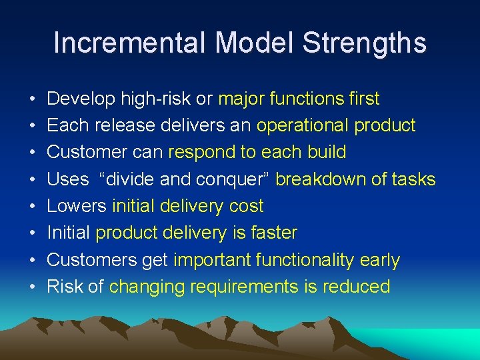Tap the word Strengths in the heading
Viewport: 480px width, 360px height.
(364, 43)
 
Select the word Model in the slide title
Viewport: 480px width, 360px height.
(255, 43)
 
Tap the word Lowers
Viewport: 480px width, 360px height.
(77, 206)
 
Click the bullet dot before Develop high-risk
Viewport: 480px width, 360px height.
(33, 99)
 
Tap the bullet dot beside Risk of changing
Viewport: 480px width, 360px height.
(33, 287)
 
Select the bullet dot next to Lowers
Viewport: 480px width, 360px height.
(33, 207)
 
